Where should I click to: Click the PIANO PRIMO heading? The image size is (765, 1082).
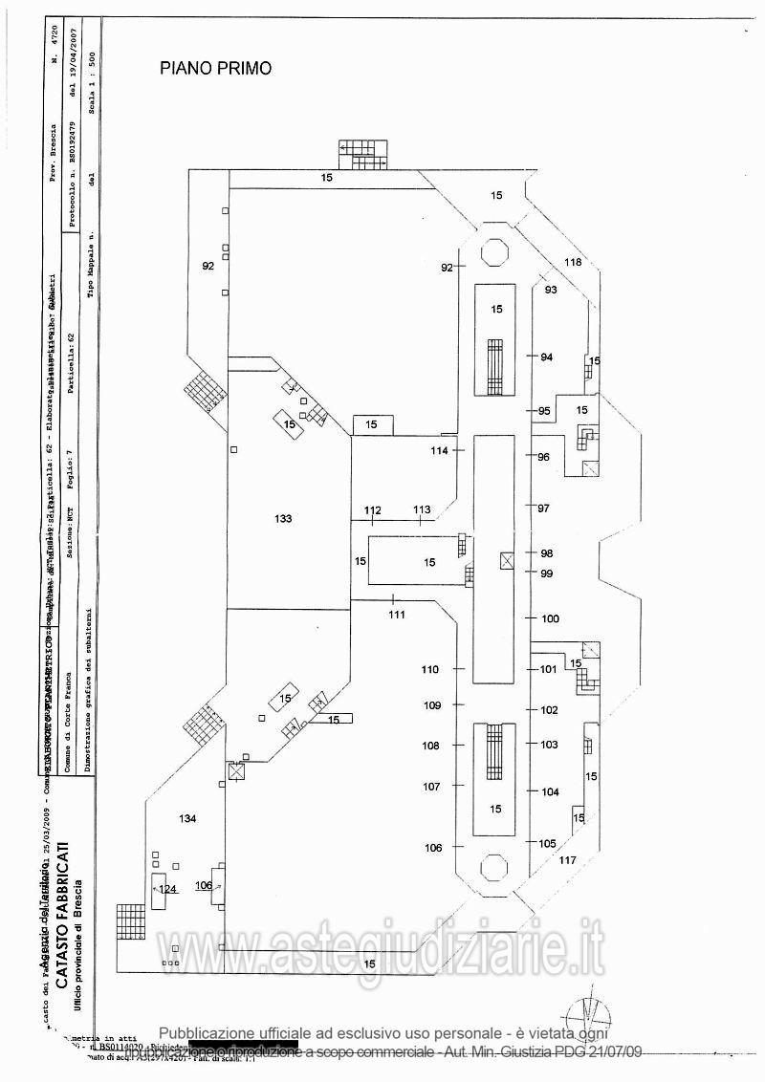click(x=215, y=68)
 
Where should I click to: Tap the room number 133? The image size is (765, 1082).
click(x=282, y=518)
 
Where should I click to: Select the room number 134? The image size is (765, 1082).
click(x=187, y=818)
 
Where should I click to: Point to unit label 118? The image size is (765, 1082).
click(x=572, y=263)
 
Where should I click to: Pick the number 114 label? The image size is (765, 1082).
click(x=439, y=450)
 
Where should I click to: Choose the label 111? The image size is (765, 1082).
click(x=397, y=615)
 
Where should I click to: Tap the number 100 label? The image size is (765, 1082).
click(x=550, y=619)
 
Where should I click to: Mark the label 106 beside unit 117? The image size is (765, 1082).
click(x=434, y=848)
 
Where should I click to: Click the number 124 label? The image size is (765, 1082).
click(x=168, y=890)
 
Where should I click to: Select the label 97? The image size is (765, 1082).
click(x=544, y=508)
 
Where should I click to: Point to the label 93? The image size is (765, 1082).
click(x=551, y=290)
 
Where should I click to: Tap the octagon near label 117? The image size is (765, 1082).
click(x=494, y=868)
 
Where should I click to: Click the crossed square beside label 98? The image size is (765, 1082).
click(x=506, y=561)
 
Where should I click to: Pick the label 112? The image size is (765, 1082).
click(x=372, y=510)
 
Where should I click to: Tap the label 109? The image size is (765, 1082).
click(x=432, y=705)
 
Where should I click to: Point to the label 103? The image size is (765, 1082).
click(x=549, y=744)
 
